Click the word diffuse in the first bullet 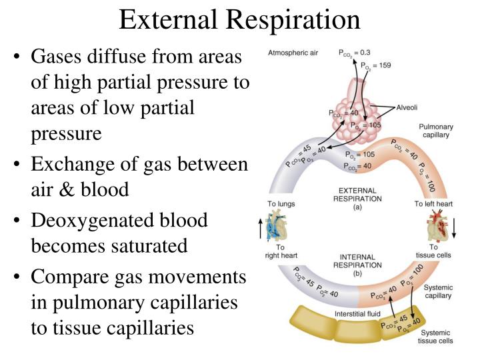119,57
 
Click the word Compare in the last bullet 73,277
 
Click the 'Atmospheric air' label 293,53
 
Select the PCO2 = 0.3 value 355,53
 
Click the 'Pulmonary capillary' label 436,130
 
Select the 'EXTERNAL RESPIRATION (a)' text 360,199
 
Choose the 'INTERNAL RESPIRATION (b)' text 360,264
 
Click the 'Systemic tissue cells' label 435,336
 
